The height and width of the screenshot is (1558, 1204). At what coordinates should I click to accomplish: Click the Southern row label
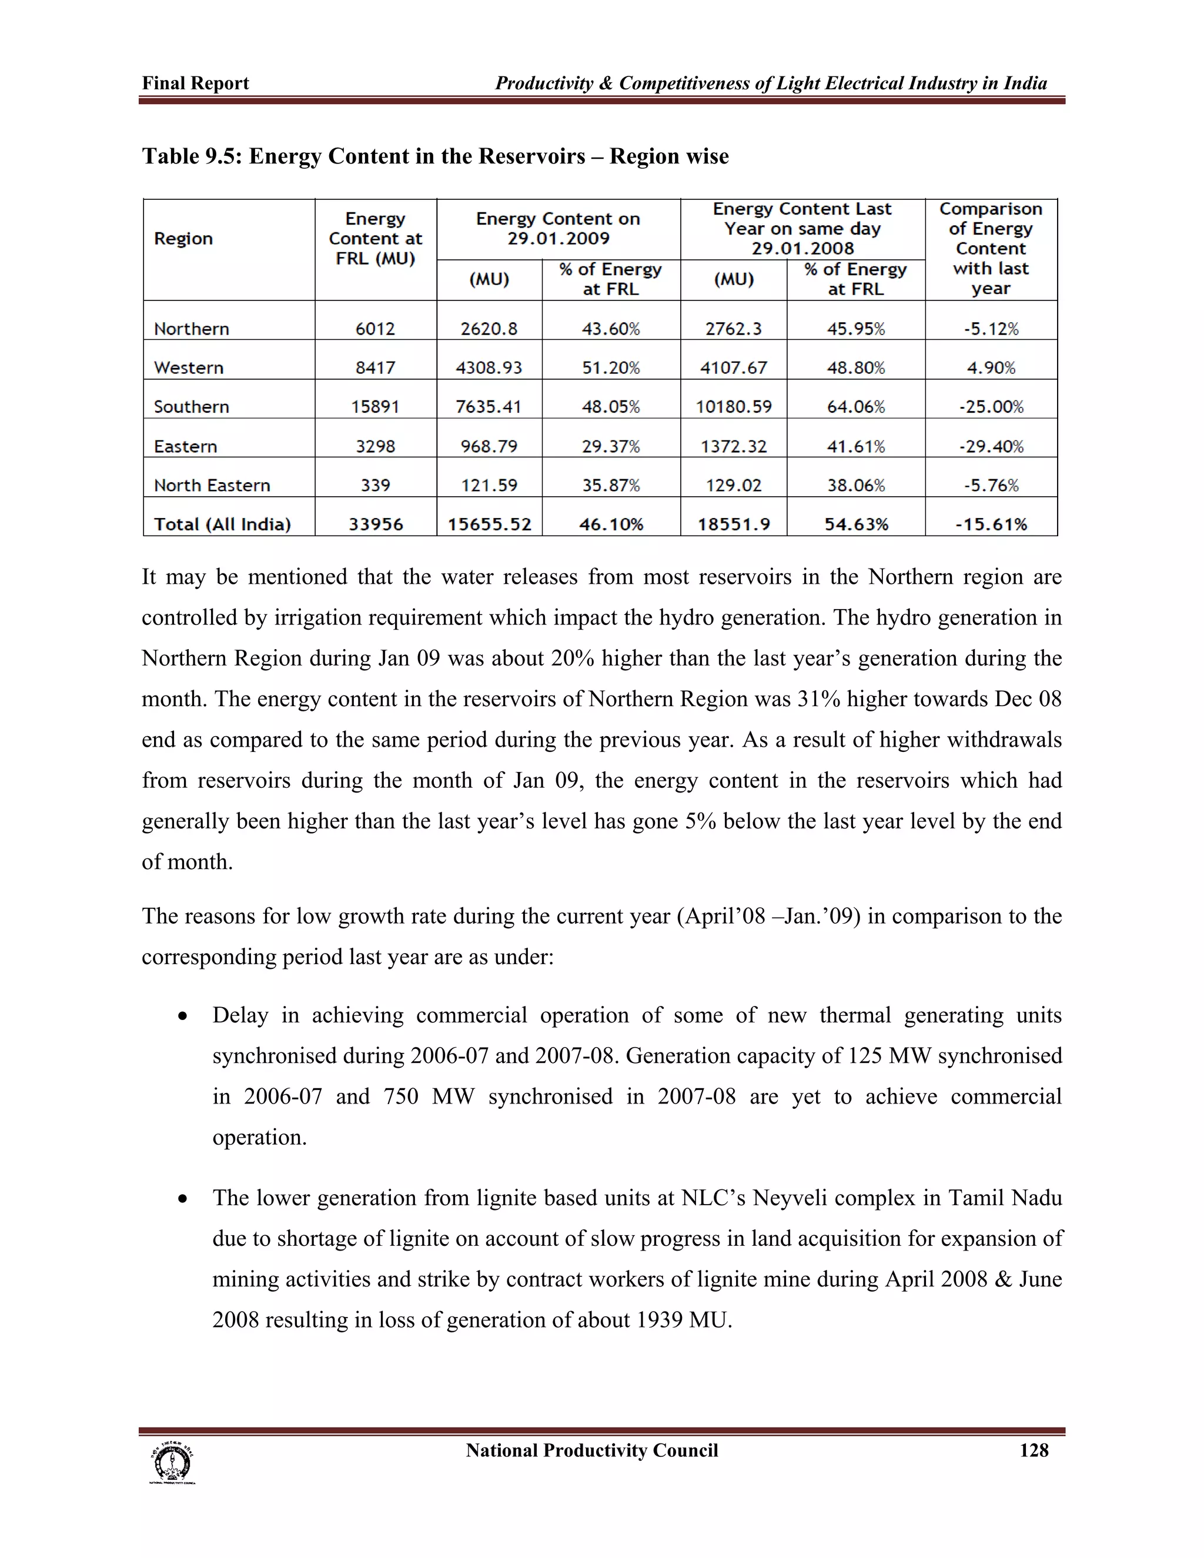click(191, 407)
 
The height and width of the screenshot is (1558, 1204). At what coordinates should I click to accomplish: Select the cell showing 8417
click(375, 367)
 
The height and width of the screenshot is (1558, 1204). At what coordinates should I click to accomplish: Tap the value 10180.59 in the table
click(733, 407)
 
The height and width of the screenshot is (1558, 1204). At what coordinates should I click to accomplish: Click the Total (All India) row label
click(223, 524)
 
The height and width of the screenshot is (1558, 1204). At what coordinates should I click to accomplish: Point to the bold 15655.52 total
click(489, 524)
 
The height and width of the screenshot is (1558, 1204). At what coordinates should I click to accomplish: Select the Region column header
click(183, 238)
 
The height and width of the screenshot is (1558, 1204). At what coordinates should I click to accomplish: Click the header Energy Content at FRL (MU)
click(375, 238)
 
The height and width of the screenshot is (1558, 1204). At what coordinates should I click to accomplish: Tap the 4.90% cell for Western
click(991, 367)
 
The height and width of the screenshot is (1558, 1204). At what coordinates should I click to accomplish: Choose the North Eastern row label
click(212, 485)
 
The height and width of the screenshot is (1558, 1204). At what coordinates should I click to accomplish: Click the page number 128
click(1034, 1450)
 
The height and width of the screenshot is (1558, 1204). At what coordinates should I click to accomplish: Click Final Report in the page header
click(195, 83)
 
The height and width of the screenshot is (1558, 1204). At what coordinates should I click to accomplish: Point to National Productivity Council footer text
click(591, 1450)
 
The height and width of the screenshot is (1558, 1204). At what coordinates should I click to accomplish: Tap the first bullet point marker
click(183, 1017)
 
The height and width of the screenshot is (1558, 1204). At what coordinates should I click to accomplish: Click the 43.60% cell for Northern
click(611, 329)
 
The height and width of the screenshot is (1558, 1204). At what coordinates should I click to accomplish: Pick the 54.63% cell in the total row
click(856, 524)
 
